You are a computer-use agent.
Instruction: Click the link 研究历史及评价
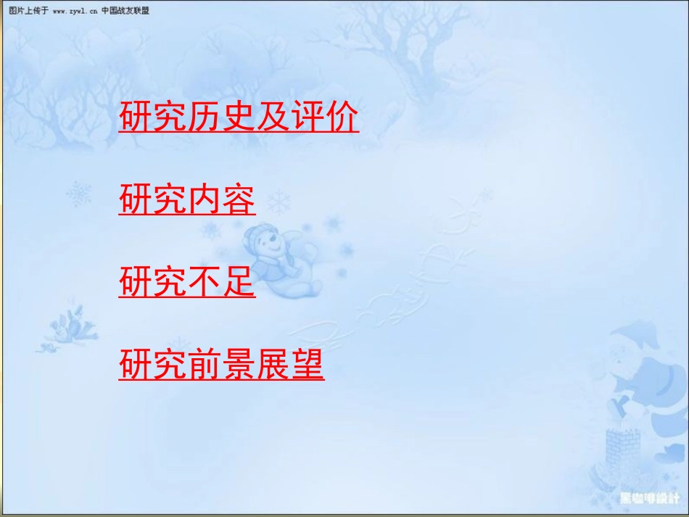(239, 119)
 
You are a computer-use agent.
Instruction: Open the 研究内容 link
(187, 201)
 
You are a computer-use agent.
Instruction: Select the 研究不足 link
(187, 284)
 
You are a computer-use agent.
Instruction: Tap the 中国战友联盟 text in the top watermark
(125, 11)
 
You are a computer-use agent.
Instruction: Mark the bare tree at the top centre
(392, 36)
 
